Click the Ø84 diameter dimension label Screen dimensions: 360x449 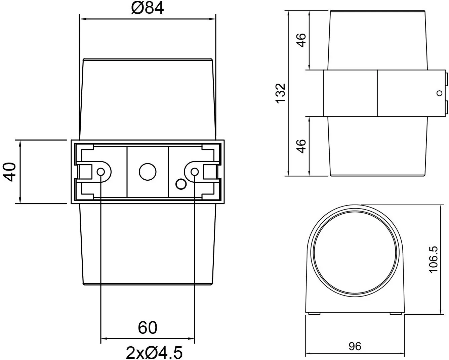point(148,8)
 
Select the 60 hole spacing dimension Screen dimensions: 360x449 point(148,327)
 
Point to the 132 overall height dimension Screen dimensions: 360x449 point(280,93)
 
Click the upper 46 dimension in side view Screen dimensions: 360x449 point(301,40)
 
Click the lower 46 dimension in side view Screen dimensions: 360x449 point(301,146)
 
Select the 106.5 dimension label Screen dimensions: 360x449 point(434,259)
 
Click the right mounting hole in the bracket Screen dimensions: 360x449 point(194,172)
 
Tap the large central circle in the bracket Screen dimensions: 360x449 point(148,172)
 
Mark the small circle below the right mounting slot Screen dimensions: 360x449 point(181,184)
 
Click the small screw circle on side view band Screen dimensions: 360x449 point(439,93)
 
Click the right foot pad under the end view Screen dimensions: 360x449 point(396,314)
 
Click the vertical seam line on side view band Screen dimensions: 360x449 point(377,93)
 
